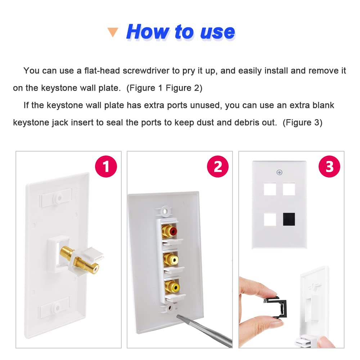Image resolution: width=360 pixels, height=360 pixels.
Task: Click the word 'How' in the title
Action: pyautogui.click(x=147, y=32)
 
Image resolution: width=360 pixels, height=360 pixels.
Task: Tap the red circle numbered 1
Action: pyautogui.click(x=106, y=166)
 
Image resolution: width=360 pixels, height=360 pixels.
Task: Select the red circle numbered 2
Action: pyautogui.click(x=218, y=166)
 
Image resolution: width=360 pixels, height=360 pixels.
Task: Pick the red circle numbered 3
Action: pyautogui.click(x=329, y=166)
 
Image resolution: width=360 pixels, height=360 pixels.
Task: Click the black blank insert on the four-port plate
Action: pyautogui.click(x=289, y=219)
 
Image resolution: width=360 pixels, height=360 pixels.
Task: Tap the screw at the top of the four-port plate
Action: pyautogui.click(x=279, y=172)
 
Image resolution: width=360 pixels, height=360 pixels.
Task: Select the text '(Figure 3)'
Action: pyautogui.click(x=302, y=123)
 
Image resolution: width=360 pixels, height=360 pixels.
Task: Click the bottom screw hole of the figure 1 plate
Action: pyautogui.click(x=57, y=308)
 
